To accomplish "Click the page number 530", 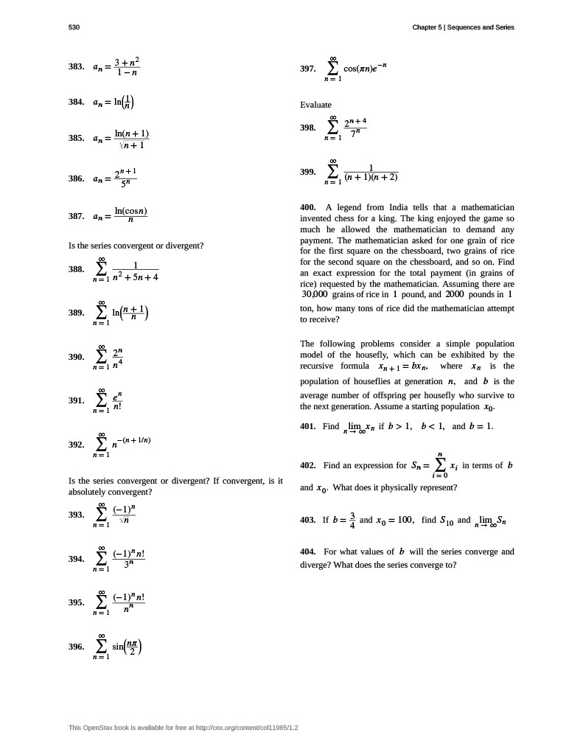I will click(74, 27).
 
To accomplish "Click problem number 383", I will click(76, 67).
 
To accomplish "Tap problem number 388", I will click(76, 270).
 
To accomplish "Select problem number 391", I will click(76, 400).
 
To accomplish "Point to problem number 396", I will click(76, 647).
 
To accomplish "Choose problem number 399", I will click(308, 172).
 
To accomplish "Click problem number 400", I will click(308, 208).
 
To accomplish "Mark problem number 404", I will click(308, 552).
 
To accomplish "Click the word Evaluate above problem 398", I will click(315, 105).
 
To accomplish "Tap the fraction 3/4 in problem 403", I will click(352, 520).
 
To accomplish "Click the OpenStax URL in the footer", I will click(246, 728).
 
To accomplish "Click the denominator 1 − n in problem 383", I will click(127, 73).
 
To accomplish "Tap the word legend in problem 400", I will click(349, 208).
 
